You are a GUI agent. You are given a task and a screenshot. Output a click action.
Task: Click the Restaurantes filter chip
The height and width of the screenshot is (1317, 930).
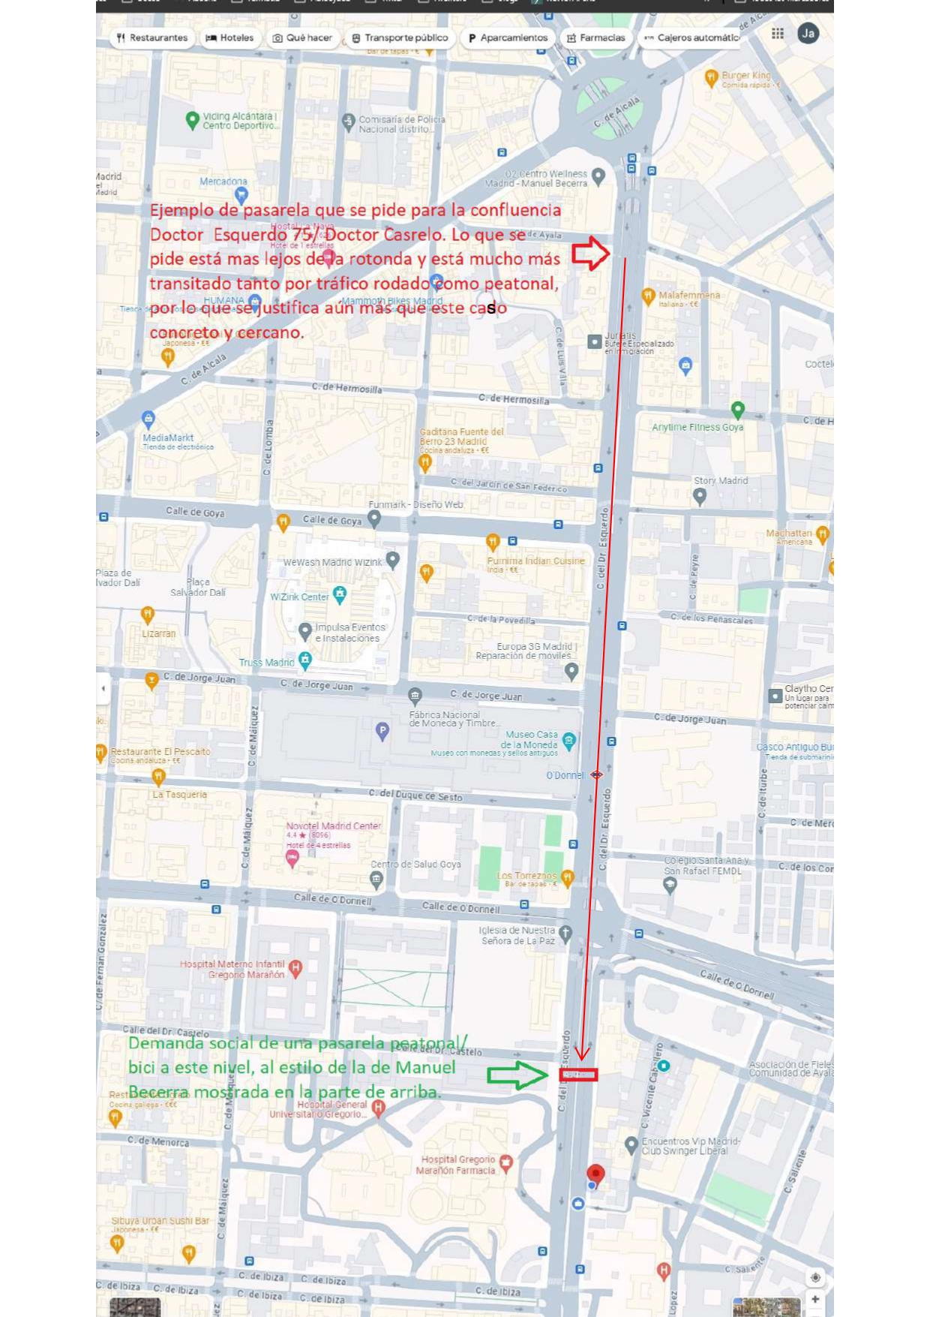tap(152, 38)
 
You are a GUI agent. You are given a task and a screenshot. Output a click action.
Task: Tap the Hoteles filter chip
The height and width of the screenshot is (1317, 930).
tap(229, 38)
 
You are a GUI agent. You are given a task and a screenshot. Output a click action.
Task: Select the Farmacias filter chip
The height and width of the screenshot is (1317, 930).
tap(596, 38)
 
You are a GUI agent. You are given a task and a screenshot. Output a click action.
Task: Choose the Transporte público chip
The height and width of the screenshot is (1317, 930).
tap(400, 38)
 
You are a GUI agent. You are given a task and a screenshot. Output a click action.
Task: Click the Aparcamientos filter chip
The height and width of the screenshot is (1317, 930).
tap(508, 38)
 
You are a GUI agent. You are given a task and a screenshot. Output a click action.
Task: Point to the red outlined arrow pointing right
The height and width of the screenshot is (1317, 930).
tap(590, 253)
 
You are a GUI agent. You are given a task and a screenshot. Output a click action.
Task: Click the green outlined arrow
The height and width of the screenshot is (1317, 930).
tap(517, 1075)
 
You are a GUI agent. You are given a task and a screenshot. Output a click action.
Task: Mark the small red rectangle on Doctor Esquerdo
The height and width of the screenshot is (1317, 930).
tap(578, 1075)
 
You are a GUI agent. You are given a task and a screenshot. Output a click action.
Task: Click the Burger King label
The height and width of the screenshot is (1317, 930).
tap(745, 75)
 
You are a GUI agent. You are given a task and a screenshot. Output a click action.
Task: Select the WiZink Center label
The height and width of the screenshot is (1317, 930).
tap(299, 597)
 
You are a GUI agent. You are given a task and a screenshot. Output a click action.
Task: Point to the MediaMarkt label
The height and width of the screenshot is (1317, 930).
tap(168, 437)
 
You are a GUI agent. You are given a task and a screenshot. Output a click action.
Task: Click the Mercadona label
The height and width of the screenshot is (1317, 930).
tap(223, 182)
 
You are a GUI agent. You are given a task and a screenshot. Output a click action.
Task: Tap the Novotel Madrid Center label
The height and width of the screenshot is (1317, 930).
tap(333, 825)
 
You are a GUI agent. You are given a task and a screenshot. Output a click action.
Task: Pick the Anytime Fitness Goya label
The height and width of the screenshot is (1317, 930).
tap(697, 427)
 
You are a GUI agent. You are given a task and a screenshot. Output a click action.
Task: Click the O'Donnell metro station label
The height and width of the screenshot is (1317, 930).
tap(565, 775)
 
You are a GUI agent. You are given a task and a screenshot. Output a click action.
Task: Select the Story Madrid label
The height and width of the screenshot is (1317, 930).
tap(721, 481)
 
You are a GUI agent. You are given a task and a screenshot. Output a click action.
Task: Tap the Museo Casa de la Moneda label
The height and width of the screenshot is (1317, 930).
tap(531, 739)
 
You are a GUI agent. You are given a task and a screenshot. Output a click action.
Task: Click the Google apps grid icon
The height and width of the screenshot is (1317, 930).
tap(778, 34)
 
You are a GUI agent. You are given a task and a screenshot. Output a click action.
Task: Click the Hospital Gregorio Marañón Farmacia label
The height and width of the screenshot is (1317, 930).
tap(455, 1165)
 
